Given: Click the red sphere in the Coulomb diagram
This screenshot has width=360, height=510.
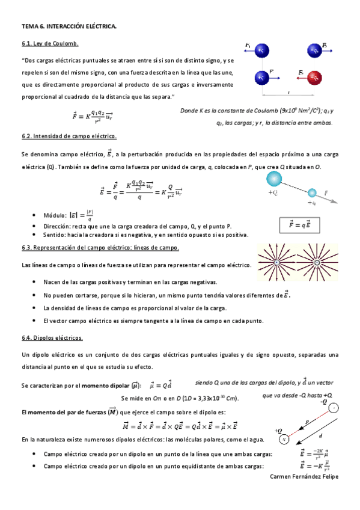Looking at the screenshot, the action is [x=315, y=78].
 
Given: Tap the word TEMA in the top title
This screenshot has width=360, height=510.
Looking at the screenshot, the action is [x=29, y=27].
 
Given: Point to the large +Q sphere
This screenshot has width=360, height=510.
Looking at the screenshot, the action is [x=274, y=179].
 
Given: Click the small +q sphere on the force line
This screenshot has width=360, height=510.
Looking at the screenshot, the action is [x=312, y=193].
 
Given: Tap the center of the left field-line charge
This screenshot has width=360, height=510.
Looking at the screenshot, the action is [x=278, y=263].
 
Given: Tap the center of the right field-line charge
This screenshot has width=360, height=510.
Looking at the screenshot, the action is [x=316, y=263].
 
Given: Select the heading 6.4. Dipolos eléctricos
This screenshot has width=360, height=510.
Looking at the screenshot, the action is [x=52, y=338].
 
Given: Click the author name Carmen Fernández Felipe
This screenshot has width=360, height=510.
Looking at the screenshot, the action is [x=305, y=476].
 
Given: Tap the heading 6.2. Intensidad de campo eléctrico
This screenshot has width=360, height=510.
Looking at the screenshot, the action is [x=69, y=137].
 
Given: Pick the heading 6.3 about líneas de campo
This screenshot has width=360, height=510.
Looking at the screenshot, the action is [x=100, y=248].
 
